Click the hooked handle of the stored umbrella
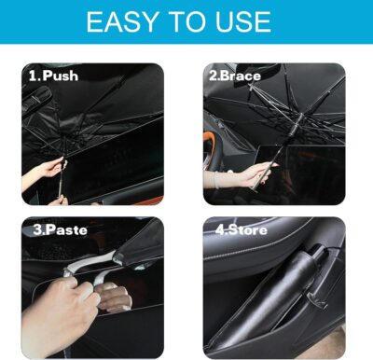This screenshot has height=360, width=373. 318,251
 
